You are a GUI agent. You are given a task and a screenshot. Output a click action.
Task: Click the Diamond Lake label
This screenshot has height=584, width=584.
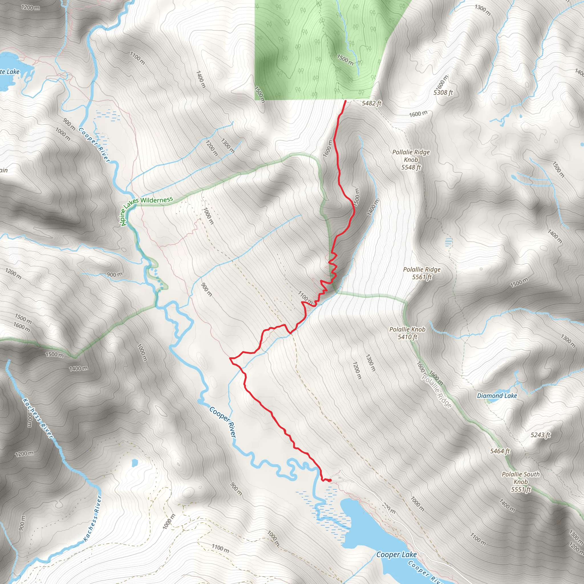click(x=497, y=396)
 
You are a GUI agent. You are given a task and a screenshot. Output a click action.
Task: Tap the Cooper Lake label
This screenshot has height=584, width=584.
click(x=396, y=555)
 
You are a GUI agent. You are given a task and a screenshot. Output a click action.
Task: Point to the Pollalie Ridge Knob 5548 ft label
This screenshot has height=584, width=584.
click(x=411, y=160)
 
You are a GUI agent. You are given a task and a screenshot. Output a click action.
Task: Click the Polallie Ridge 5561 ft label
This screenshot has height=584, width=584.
click(x=422, y=273)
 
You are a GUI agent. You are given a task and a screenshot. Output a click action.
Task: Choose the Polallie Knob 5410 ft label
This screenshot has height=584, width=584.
click(x=407, y=333)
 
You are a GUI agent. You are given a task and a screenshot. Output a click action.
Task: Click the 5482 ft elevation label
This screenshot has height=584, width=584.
click(x=372, y=104)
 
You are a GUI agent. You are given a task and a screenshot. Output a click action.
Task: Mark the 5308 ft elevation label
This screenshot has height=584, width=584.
click(x=443, y=92)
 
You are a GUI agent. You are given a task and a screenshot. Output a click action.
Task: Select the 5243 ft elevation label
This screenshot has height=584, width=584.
click(x=540, y=435)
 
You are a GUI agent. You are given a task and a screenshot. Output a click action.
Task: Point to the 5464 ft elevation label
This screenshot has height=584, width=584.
click(x=500, y=451)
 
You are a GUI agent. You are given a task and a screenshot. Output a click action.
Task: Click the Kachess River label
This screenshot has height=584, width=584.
click(x=38, y=419)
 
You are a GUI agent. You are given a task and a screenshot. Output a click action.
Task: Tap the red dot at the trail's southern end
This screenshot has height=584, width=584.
click(x=330, y=480)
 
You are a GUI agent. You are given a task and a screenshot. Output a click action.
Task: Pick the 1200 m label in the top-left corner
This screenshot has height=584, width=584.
click(x=30, y=7)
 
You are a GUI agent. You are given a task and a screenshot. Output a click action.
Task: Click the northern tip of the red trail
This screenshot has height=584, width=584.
click(x=346, y=101)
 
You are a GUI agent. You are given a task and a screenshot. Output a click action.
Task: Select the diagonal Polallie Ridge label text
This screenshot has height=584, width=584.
click(x=437, y=392)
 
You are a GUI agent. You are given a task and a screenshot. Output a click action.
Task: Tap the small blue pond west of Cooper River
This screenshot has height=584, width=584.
click(x=135, y=462)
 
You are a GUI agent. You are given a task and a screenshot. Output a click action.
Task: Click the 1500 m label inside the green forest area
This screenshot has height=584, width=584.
click(x=345, y=59)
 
